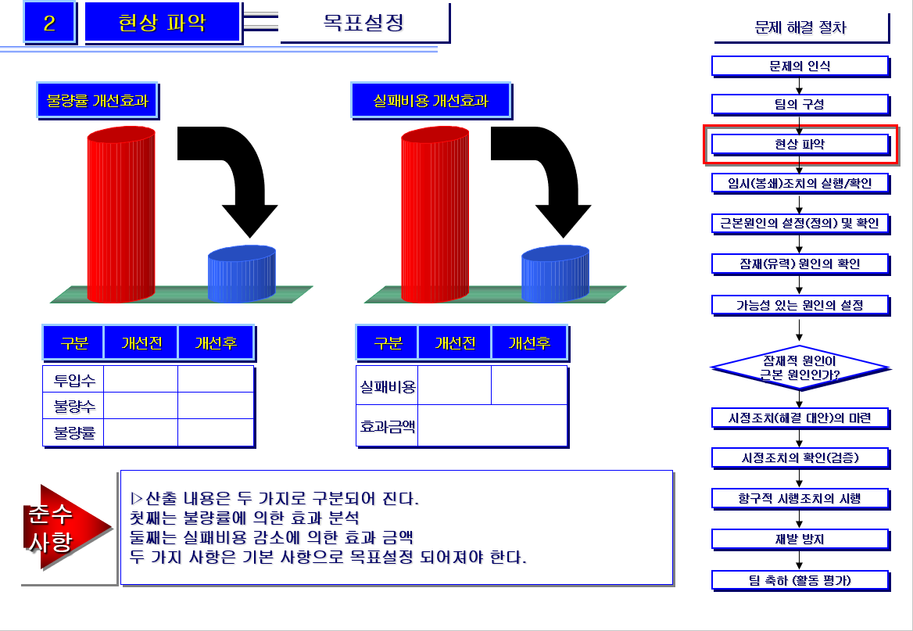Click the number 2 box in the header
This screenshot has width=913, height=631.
tap(49, 23)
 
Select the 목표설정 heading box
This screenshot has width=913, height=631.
tap(364, 23)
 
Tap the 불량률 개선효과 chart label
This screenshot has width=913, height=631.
tap(98, 101)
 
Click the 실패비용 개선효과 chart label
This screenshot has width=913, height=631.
tap(431, 101)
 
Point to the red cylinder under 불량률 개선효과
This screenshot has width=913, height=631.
tap(120, 215)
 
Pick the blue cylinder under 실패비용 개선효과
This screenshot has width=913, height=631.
tap(555, 274)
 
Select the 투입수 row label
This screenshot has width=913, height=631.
tap(73, 381)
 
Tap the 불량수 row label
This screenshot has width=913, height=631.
tap(73, 407)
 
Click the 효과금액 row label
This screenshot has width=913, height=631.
tap(387, 427)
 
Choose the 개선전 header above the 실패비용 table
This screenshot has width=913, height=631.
tap(454, 343)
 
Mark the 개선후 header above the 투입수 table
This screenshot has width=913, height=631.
tap(216, 343)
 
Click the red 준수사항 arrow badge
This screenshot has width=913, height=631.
tap(63, 528)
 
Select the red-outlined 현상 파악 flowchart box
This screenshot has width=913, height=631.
tap(800, 145)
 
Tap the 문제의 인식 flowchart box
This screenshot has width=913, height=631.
tap(800, 66)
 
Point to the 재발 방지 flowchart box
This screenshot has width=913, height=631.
tap(800, 539)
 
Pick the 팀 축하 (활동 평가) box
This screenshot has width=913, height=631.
tap(800, 580)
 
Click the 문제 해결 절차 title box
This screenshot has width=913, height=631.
tap(800, 28)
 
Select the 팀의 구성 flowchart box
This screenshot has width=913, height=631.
tap(800, 104)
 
